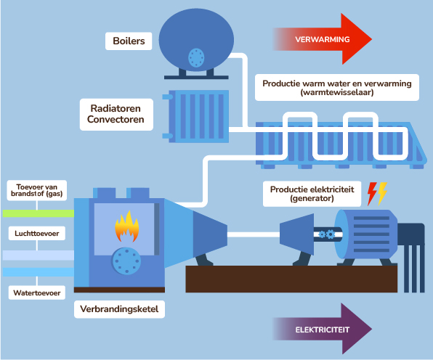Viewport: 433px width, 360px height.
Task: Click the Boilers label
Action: (x=129, y=41)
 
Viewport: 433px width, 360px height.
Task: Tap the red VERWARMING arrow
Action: (x=323, y=39)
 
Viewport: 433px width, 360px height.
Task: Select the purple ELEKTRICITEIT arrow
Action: (x=323, y=329)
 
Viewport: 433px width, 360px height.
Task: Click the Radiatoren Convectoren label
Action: (x=116, y=114)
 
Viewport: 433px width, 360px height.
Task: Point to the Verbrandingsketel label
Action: (x=119, y=309)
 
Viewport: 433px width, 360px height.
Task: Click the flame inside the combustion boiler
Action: (x=126, y=226)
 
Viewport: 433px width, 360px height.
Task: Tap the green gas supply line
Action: (x=39, y=213)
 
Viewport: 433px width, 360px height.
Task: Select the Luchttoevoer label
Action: (x=37, y=234)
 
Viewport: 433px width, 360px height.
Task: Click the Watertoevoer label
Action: (x=37, y=292)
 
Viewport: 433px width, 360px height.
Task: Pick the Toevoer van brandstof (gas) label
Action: (x=37, y=190)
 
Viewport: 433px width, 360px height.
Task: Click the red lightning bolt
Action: (x=372, y=194)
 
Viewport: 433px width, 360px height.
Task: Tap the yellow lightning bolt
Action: (x=382, y=194)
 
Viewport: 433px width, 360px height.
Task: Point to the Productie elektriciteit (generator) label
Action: (x=312, y=194)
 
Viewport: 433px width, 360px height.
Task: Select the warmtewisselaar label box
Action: (x=337, y=87)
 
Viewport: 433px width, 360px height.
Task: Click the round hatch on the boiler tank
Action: (x=196, y=57)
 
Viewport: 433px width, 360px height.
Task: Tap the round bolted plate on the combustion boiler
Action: (x=126, y=261)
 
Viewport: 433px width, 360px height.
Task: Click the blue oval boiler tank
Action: (x=196, y=39)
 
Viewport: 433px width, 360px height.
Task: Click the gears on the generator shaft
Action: (x=327, y=234)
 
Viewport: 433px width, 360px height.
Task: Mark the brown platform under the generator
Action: (x=291, y=279)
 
